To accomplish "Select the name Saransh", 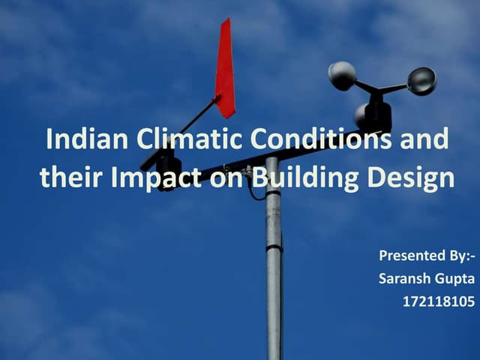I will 404,279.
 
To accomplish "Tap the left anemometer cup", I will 342,75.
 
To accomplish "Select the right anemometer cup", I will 421,80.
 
